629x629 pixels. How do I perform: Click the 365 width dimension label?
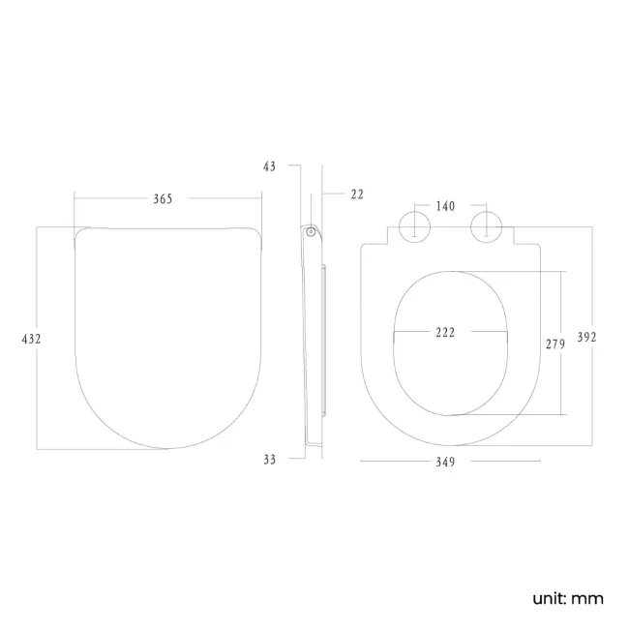point(163,198)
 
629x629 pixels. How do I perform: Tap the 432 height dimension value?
point(32,339)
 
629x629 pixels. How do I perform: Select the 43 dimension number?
point(269,166)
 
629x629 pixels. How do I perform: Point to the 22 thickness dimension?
point(356,195)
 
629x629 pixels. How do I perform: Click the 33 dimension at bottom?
point(269,460)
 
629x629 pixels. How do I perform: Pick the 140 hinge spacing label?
point(445,206)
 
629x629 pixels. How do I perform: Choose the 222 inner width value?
point(445,332)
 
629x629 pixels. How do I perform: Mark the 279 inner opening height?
point(555,344)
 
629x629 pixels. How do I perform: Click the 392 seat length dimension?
point(586,338)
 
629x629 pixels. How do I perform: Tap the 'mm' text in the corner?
point(587,598)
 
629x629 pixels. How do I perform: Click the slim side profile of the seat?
point(314,339)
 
